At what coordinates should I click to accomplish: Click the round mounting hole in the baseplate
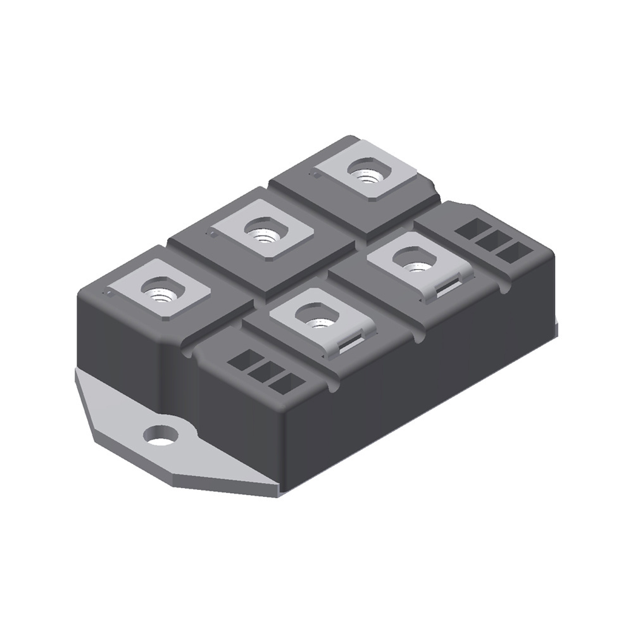160,435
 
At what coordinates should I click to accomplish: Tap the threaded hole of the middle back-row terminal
261,229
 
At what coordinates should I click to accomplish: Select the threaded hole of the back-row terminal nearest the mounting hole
158,292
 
